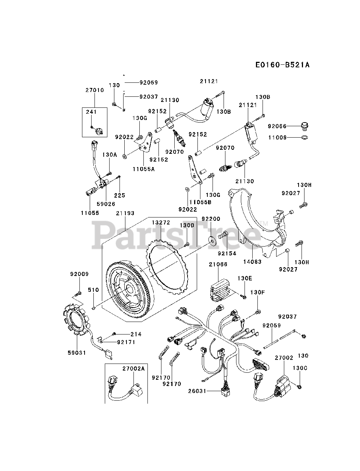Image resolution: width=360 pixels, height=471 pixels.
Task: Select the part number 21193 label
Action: (125, 213)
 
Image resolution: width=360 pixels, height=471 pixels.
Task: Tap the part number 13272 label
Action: (161, 222)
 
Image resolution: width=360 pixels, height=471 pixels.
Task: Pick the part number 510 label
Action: (93, 290)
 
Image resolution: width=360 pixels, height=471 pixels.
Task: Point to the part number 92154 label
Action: (227, 253)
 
